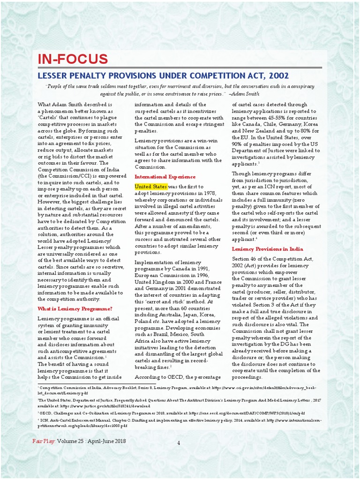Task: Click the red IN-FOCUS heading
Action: click(73, 59)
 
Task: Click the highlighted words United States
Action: click(151, 187)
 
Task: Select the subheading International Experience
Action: click(165, 177)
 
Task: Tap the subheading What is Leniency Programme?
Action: click(75, 308)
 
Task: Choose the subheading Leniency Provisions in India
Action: click(267, 249)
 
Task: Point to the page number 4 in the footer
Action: click(179, 443)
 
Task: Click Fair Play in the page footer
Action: click(44, 441)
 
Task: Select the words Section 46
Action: click(245, 259)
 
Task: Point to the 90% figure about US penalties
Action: click(239, 144)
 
